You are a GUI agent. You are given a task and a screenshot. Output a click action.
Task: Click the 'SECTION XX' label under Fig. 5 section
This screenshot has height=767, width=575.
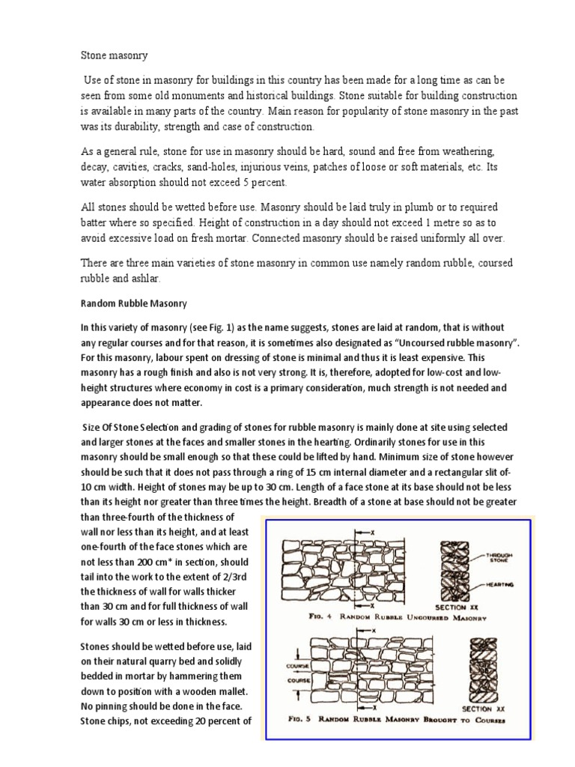tap(477, 708)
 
